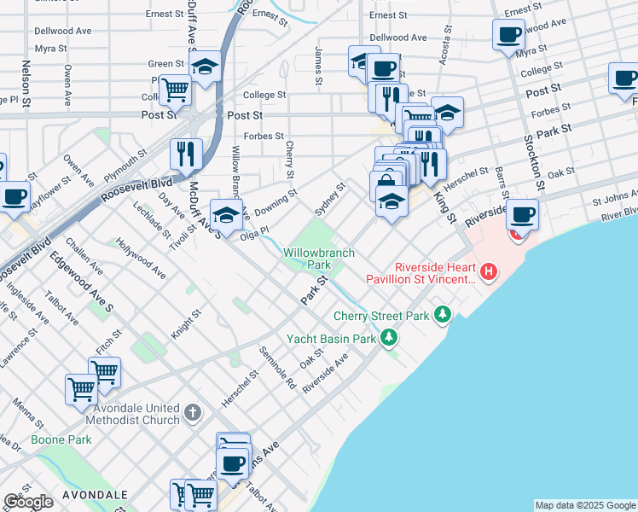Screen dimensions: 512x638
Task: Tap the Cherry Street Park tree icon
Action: (442, 315)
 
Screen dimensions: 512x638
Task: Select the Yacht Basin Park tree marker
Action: (389, 338)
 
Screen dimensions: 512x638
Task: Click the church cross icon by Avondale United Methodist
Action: (193, 414)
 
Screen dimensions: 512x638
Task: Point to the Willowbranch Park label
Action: (319, 259)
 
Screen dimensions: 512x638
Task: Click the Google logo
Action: (28, 502)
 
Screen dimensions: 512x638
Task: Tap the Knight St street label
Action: (185, 324)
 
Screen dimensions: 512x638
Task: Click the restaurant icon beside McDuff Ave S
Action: (186, 154)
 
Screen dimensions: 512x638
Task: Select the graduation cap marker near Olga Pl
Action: (227, 214)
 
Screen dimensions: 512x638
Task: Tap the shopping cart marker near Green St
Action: (175, 88)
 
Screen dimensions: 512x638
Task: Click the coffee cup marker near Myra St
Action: (508, 35)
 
